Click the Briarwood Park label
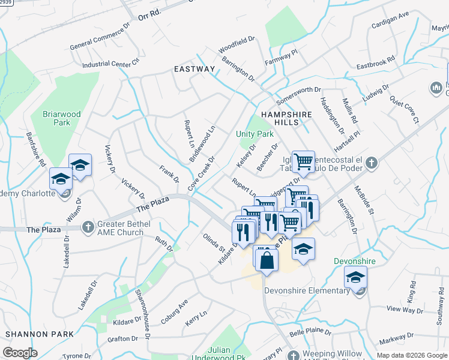pyautogui.click(x=56, y=118)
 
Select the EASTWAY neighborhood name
pyautogui.click(x=194, y=69)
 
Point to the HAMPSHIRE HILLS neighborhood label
pyautogui.click(x=279, y=118)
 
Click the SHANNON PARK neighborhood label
pyautogui.click(x=39, y=334)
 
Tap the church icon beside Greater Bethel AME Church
pyautogui.click(x=88, y=226)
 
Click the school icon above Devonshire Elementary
pyautogui.click(x=355, y=278)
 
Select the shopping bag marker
pyautogui.click(x=266, y=260)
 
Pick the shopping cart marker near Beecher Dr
pyautogui.click(x=304, y=161)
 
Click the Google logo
pyautogui.click(x=20, y=353)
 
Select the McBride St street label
pyautogui.click(x=364, y=199)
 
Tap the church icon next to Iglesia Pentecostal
pyautogui.click(x=372, y=162)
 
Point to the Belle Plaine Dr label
pyautogui.click(x=310, y=331)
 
